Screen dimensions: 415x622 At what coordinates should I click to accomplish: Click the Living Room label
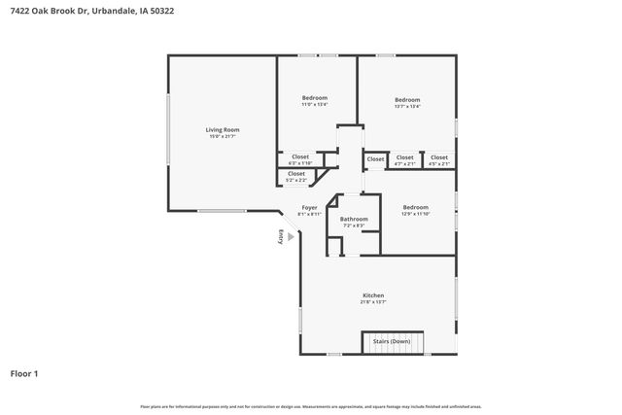pyautogui.click(x=223, y=129)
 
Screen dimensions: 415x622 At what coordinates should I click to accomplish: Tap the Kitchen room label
pyautogui.click(x=373, y=294)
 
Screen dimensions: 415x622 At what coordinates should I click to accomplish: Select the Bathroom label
pyautogui.click(x=354, y=219)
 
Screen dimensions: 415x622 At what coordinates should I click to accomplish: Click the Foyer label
pyautogui.click(x=309, y=207)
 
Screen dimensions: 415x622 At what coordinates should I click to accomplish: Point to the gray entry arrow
pyautogui.click(x=290, y=236)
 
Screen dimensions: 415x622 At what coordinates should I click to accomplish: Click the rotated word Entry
pyautogui.click(x=281, y=236)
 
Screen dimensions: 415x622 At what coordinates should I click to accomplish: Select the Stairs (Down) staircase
pyautogui.click(x=395, y=342)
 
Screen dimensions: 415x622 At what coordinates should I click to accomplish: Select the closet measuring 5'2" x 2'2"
pyautogui.click(x=295, y=177)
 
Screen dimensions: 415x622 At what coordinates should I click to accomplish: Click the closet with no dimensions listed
pyautogui.click(x=375, y=158)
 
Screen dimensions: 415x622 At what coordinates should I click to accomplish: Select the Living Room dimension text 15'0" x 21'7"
pyautogui.click(x=223, y=137)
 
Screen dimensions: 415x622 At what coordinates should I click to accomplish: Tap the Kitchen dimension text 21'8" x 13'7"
pyautogui.click(x=373, y=302)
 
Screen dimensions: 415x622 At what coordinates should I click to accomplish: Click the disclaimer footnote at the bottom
pyautogui.click(x=310, y=406)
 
